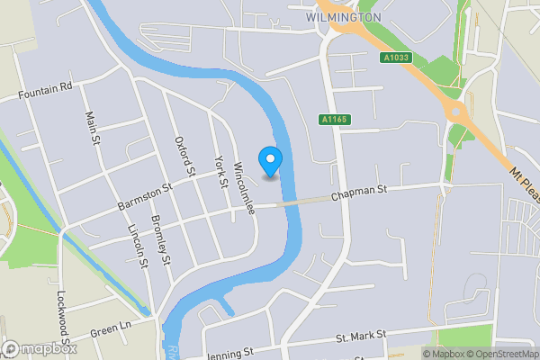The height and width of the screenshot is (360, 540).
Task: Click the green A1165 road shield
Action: click(x=333, y=119)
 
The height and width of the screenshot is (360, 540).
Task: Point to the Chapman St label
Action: click(x=358, y=191)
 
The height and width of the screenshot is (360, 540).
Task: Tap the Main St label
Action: click(x=90, y=128)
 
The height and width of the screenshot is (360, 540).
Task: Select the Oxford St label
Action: click(x=184, y=156)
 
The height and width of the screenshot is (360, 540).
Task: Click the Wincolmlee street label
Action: click(x=244, y=189)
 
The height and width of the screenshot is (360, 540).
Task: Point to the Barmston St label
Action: click(x=144, y=199)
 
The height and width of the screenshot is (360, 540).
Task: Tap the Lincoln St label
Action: click(x=138, y=246)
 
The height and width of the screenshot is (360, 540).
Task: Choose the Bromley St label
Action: click(x=161, y=241)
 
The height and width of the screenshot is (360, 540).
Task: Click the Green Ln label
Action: click(x=111, y=328)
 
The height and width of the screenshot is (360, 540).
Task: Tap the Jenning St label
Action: click(x=229, y=353)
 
